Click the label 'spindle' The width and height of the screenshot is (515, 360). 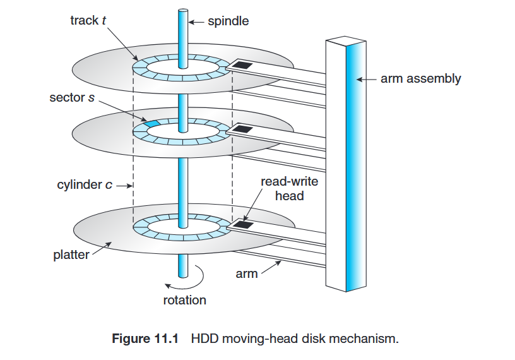click(228, 21)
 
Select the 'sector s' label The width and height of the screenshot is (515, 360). click(72, 98)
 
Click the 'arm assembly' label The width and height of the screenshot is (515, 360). click(420, 79)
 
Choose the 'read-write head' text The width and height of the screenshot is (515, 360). click(289, 189)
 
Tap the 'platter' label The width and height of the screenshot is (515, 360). click(71, 256)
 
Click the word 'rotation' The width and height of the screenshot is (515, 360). click(184, 299)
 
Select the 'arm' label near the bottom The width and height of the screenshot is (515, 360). click(247, 274)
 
